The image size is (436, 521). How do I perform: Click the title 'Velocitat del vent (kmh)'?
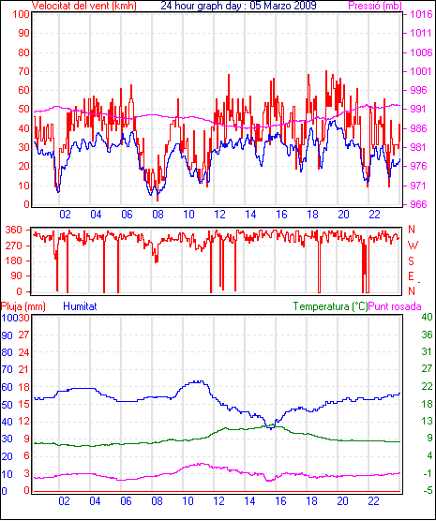click(84, 6)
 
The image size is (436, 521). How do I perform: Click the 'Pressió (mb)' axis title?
click(375, 6)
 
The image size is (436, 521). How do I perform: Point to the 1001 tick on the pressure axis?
click(420, 71)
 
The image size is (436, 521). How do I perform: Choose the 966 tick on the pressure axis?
click(420, 204)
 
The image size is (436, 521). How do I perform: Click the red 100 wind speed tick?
click(22, 15)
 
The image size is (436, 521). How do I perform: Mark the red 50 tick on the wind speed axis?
click(24, 110)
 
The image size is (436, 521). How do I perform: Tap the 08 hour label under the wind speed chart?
click(158, 215)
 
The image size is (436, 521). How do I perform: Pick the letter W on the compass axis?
click(413, 246)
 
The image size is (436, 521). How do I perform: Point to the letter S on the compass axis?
click(412, 261)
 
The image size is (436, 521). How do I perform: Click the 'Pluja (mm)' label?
click(23, 306)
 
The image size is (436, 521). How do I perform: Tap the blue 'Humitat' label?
click(80, 306)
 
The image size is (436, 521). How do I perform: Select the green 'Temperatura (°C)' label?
click(331, 306)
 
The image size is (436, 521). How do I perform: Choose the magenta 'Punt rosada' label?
click(395, 306)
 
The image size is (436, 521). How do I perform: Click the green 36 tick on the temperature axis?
click(427, 335)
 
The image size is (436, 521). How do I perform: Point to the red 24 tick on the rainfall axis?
click(24, 352)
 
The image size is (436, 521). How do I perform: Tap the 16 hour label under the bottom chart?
click(280, 500)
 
